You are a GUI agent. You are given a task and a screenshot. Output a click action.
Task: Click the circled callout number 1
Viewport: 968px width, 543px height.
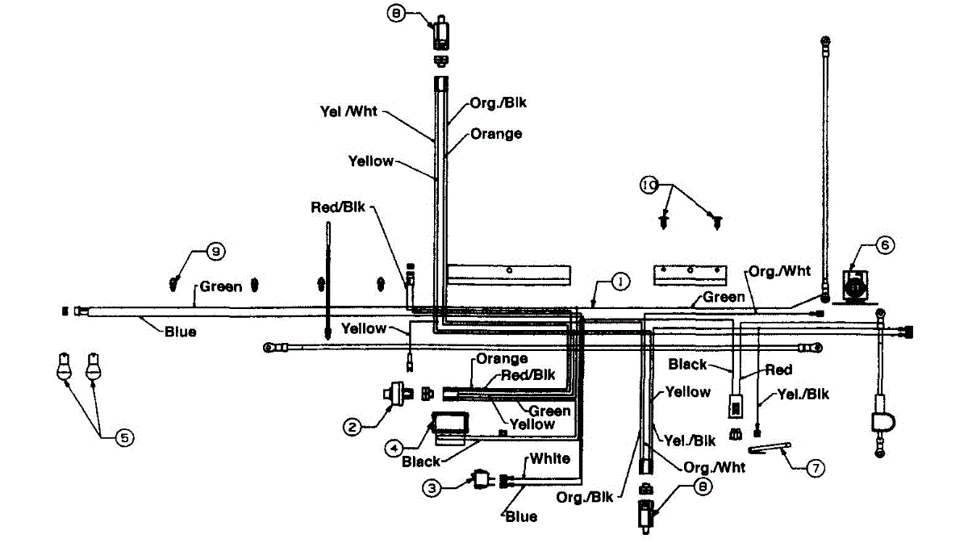click(620, 281)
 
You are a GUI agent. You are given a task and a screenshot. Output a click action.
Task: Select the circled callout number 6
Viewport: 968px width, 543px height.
click(885, 247)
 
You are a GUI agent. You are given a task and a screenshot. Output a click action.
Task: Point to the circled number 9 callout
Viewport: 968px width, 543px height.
click(214, 252)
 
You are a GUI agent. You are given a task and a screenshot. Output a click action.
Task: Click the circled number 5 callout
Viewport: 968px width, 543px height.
click(124, 437)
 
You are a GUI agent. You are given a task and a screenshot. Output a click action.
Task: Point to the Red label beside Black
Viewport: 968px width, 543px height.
click(779, 370)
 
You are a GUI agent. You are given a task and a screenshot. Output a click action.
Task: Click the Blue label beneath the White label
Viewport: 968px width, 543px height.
click(521, 516)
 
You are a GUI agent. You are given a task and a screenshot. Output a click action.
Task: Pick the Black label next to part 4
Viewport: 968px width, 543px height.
click(421, 462)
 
